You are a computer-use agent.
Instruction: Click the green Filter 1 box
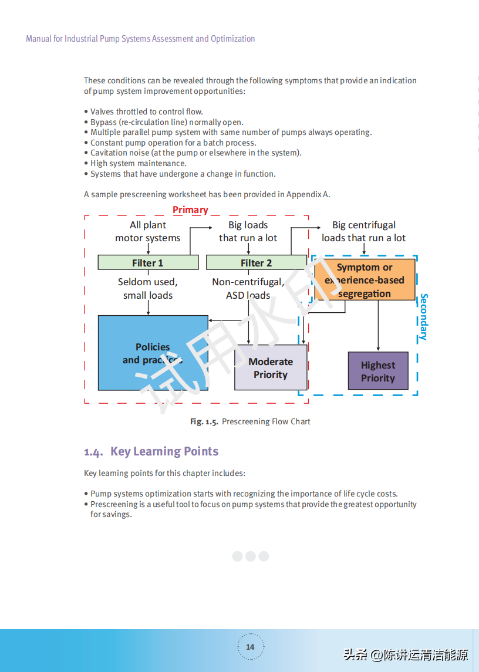point(148,262)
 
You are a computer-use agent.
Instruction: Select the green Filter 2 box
point(256,262)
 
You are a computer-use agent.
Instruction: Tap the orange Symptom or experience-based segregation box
point(365,280)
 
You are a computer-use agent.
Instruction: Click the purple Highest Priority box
point(378,371)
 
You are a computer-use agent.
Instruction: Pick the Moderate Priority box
point(271,367)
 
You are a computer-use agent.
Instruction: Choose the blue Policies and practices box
point(153,353)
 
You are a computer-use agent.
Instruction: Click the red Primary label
point(190,210)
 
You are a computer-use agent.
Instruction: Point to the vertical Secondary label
point(424,317)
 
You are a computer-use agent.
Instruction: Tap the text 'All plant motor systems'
point(148,231)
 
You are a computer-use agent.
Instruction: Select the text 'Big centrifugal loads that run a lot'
point(363,231)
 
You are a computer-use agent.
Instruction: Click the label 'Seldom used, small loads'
point(148,288)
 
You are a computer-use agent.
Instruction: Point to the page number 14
point(250,647)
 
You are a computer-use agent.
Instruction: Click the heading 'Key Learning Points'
point(164,451)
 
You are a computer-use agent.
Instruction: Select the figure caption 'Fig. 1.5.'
point(204,421)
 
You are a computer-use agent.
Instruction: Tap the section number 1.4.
point(93,452)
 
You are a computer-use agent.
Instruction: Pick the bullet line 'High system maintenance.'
point(138,163)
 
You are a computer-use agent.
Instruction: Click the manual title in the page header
point(140,39)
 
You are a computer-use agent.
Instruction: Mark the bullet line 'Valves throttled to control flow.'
point(146,112)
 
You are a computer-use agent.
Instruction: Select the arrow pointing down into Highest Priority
point(378,346)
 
